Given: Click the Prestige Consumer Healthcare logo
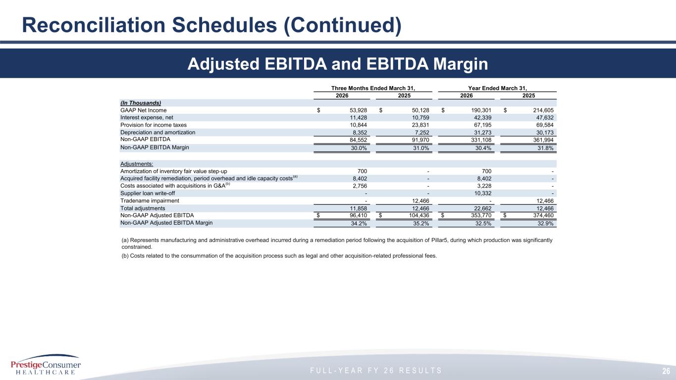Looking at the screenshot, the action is (x=46, y=365).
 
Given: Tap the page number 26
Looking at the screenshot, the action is (x=666, y=371).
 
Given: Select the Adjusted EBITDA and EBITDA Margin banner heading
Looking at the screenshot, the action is (x=337, y=64).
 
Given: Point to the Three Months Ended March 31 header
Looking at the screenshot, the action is (x=373, y=88).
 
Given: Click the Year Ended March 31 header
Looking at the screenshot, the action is (x=497, y=88).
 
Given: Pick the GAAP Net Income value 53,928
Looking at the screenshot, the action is (x=358, y=110).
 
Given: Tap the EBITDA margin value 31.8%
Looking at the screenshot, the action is (x=545, y=148).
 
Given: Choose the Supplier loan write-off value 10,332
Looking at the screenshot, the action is (x=483, y=193).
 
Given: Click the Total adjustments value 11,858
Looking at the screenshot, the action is (x=358, y=208).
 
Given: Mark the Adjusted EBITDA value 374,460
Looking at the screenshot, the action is (x=543, y=215).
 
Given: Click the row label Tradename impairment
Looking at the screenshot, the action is (x=150, y=201).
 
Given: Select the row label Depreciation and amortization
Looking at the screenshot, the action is (x=158, y=133).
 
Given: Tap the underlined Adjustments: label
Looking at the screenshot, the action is (x=137, y=164).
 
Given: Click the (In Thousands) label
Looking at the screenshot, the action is (x=141, y=103).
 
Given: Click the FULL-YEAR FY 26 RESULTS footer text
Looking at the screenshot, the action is (x=376, y=371).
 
